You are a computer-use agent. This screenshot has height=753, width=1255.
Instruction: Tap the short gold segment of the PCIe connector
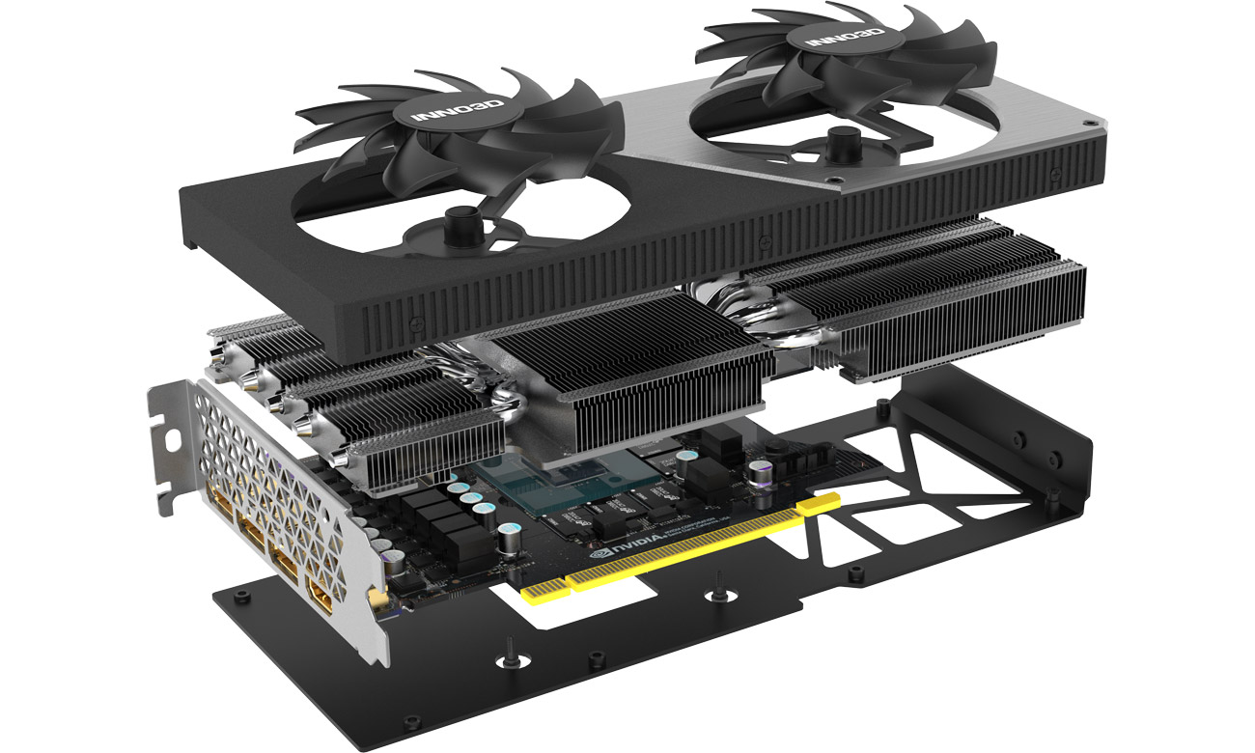point(544,587)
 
